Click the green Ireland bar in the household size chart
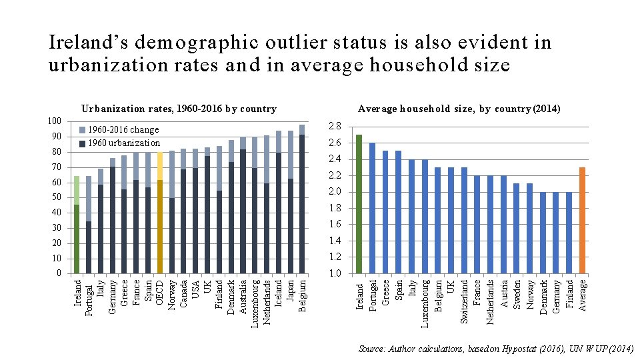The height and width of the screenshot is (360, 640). pos(359,204)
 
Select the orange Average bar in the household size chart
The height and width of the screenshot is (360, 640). pos(582,220)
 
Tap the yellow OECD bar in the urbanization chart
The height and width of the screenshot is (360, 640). pos(159,213)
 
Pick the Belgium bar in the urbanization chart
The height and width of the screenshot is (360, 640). pos(302,200)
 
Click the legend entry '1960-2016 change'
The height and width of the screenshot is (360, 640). pos(123,130)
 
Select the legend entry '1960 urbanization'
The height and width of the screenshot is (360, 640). pos(123,143)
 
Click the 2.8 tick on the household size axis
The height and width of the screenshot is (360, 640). pos(335,127)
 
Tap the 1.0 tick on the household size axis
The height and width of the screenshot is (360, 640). pos(335,273)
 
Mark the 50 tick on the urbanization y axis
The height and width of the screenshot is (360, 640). pos(57,197)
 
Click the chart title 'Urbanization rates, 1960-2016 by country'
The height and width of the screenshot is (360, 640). pos(178,109)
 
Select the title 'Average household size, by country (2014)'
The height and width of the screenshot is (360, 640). pos(459,109)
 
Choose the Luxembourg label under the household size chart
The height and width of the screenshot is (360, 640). pos(425,303)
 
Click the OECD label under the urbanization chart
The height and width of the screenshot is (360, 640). pos(160,293)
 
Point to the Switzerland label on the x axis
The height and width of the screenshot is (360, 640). pos(464,301)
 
